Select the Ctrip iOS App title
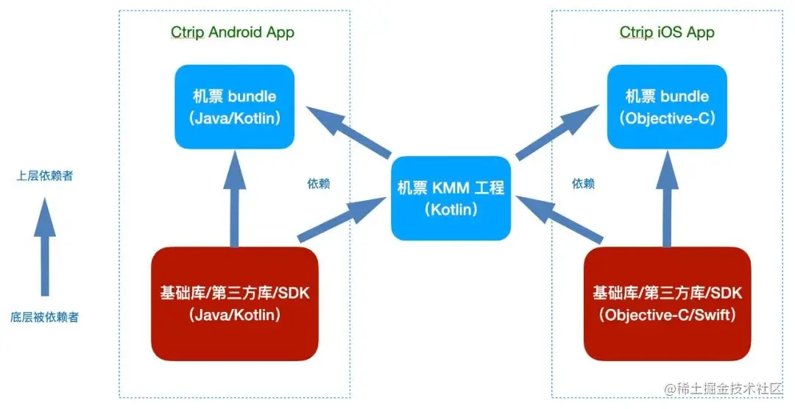666,32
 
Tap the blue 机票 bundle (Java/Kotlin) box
233,107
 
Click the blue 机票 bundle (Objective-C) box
666,107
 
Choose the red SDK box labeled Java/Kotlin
234,304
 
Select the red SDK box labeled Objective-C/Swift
667,304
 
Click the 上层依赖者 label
45,177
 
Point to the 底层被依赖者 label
45,318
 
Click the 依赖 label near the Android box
318,183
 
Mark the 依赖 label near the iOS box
583,183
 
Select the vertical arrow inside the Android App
234,199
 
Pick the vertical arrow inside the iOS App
667,199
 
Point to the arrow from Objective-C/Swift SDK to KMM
561,218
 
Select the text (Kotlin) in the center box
450,210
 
